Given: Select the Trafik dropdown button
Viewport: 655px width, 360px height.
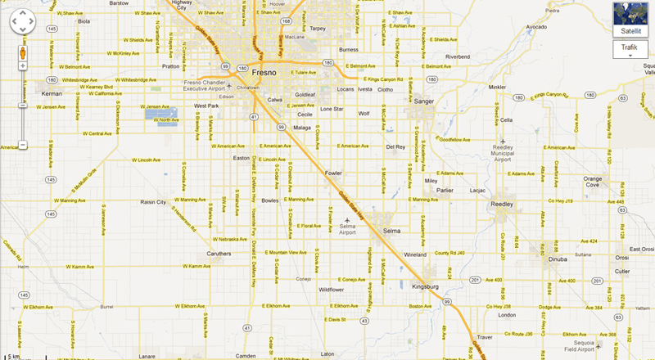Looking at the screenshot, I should [630, 50].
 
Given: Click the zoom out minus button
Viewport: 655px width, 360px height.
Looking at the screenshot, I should [23, 145].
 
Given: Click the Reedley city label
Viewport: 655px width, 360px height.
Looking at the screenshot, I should [501, 204].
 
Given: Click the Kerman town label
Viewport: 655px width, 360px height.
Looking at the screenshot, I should [52, 93].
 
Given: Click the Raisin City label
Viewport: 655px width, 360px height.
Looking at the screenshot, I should [153, 201].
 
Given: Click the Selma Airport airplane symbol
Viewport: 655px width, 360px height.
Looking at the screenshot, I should [347, 220].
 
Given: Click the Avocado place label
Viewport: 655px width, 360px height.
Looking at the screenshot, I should [536, 26].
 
